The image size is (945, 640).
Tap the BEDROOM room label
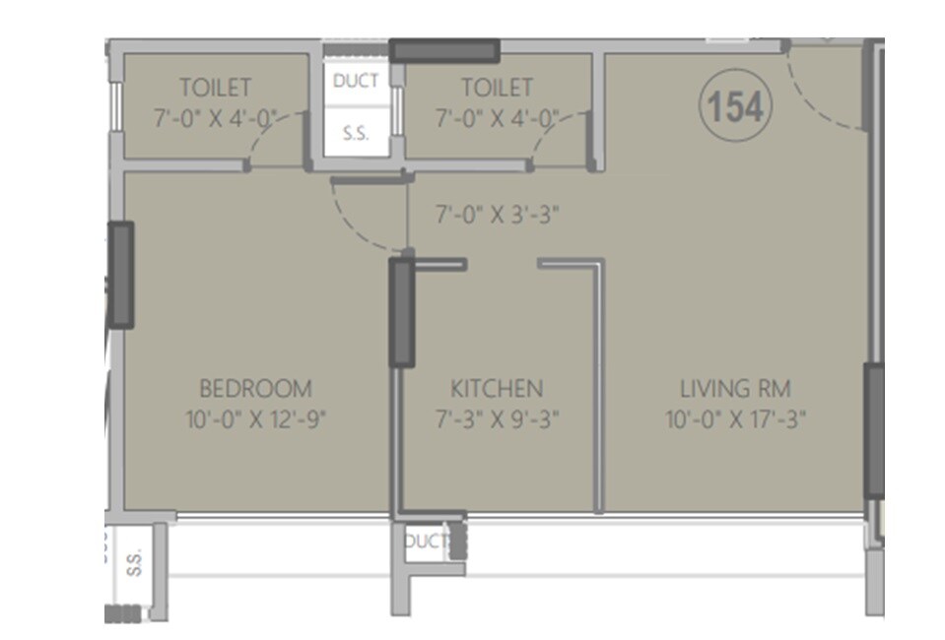pyautogui.click(x=255, y=388)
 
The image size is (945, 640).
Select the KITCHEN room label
pyautogui.click(x=497, y=388)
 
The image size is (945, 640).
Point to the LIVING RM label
pyautogui.click(x=736, y=388)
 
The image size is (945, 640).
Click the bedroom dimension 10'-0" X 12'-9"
pyautogui.click(x=255, y=420)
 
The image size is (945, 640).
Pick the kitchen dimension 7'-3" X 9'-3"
pyautogui.click(x=497, y=420)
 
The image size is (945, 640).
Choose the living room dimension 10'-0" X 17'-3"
pyautogui.click(x=736, y=420)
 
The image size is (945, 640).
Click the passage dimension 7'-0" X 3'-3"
pyautogui.click(x=498, y=214)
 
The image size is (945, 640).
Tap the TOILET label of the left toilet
pyautogui.click(x=215, y=88)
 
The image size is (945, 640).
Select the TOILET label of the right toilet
pyautogui.click(x=497, y=88)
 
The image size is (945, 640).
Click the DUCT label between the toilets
pyautogui.click(x=356, y=81)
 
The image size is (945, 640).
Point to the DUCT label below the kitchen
pyautogui.click(x=427, y=541)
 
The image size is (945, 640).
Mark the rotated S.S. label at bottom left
pyautogui.click(x=134, y=562)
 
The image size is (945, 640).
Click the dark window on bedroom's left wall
pyautogui.click(x=120, y=275)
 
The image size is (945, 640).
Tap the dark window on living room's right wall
pyautogui.click(x=874, y=430)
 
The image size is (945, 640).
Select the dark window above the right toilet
pyautogui.click(x=444, y=50)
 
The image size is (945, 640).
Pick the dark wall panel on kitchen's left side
pyautogui.click(x=401, y=312)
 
